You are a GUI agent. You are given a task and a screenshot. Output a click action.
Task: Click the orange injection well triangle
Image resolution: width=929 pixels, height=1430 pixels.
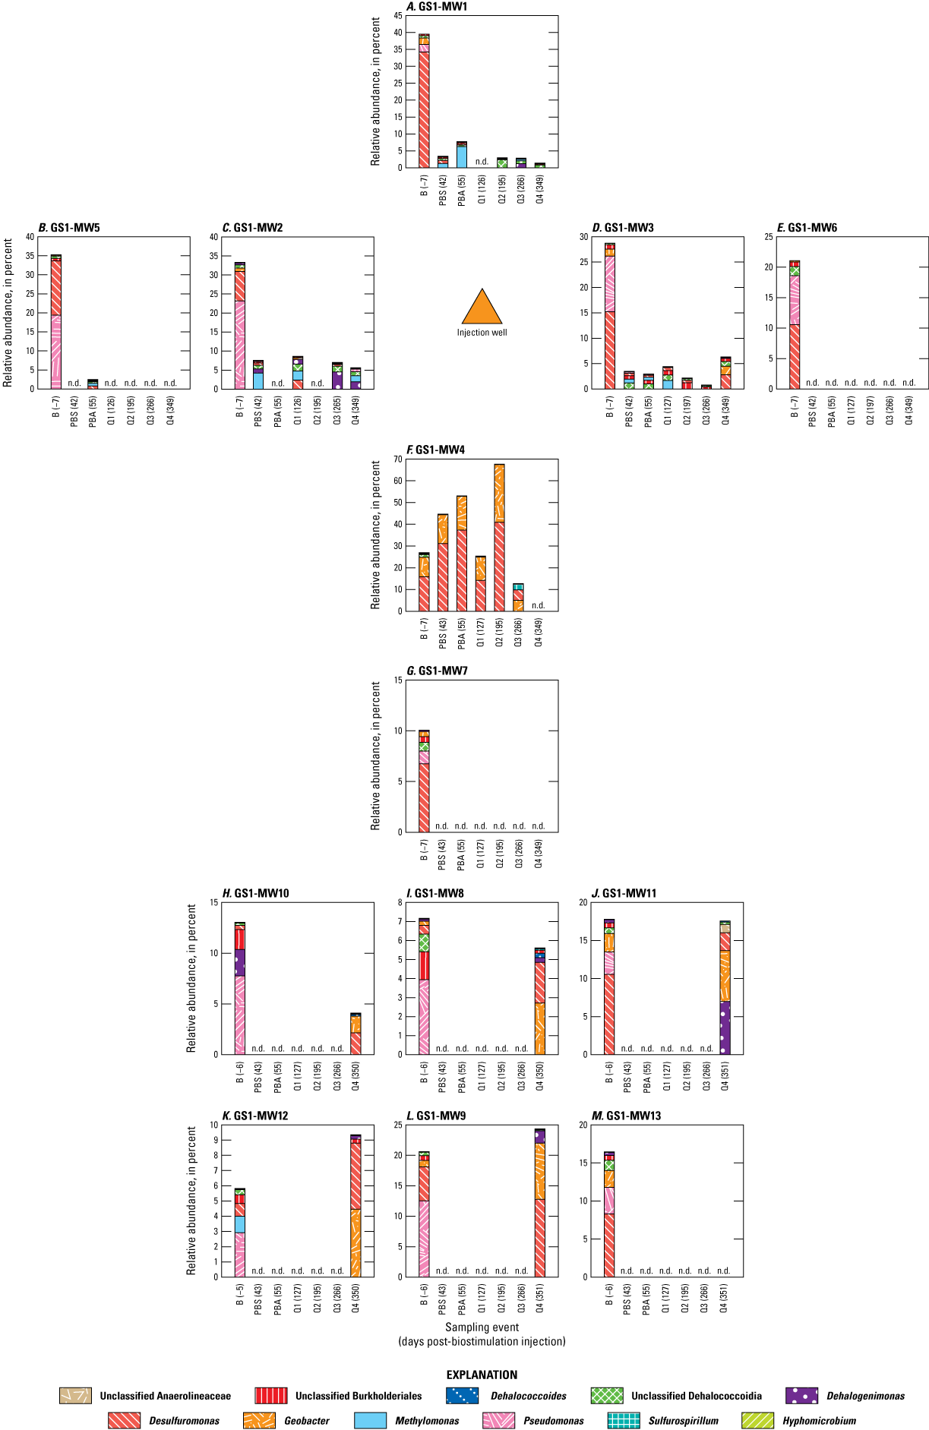[x=482, y=309]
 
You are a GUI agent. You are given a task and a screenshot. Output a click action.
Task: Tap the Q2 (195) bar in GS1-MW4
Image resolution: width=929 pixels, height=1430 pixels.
[x=499, y=538]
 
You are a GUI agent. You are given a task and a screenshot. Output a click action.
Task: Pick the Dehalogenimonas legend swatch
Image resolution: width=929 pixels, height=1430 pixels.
[x=801, y=1396]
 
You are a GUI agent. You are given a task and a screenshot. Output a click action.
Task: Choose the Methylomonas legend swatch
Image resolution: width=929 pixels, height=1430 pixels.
[x=370, y=1421]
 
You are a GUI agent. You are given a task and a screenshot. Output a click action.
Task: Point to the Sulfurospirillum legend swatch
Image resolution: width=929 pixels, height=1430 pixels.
[x=624, y=1421]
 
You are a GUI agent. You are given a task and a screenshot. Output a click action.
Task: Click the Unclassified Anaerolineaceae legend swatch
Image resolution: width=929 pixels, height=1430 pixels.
[x=75, y=1396]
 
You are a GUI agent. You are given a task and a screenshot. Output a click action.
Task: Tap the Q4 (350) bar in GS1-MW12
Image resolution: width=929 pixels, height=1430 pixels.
[x=355, y=1206]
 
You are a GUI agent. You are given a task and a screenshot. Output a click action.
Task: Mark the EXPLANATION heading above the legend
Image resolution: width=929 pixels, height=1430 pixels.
[x=482, y=1375]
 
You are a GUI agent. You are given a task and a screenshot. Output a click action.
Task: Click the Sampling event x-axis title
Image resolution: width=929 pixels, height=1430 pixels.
[x=482, y=1327]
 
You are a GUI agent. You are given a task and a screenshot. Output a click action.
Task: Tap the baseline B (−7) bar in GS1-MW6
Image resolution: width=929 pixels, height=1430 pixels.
[x=794, y=324]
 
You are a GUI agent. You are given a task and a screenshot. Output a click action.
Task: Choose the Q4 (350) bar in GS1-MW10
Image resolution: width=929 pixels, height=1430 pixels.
[x=355, y=1034]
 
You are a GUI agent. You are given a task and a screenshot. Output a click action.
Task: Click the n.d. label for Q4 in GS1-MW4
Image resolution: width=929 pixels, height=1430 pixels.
[x=538, y=605]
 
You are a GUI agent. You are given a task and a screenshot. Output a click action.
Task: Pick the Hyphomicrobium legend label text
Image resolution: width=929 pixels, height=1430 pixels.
[x=819, y=1421]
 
